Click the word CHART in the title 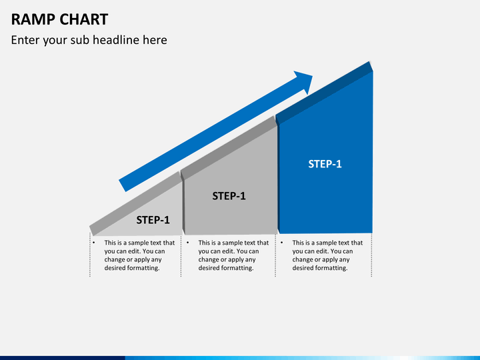pyautogui.click(x=84, y=19)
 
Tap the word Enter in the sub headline pyautogui.click(x=25, y=40)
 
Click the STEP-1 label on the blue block pyautogui.click(x=325, y=164)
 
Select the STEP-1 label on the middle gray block pyautogui.click(x=229, y=196)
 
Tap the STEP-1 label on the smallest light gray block pyautogui.click(x=153, y=220)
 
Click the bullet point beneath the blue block pyautogui.click(x=281, y=243)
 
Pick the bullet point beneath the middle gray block pyautogui.click(x=187, y=243)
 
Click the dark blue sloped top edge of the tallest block pyautogui.click(x=323, y=93)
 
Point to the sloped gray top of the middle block pyautogui.click(x=229, y=147)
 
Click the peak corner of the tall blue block pyautogui.click(x=370, y=63)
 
